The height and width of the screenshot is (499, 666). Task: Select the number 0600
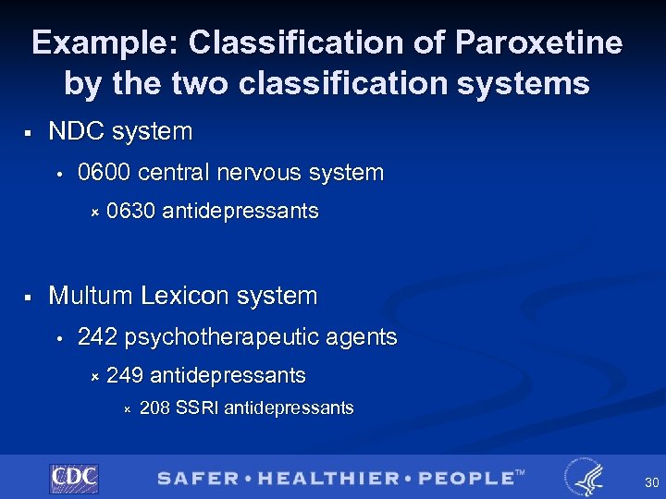pyautogui.click(x=104, y=173)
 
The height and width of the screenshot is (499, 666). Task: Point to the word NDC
pyautogui.click(x=73, y=132)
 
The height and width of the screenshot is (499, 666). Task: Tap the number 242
pyautogui.click(x=97, y=337)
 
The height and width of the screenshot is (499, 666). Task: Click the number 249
pyautogui.click(x=124, y=376)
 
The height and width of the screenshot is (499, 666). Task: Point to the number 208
pyautogui.click(x=154, y=408)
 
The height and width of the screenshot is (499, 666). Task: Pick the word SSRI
pyautogui.click(x=197, y=408)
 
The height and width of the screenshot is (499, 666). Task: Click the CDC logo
pyautogui.click(x=73, y=478)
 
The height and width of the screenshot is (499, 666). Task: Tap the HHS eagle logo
pyautogui.click(x=585, y=477)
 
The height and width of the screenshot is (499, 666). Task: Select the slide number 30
pyautogui.click(x=651, y=482)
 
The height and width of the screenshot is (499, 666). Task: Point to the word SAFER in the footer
pyautogui.click(x=196, y=479)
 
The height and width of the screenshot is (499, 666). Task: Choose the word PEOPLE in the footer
pyautogui.click(x=464, y=479)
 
